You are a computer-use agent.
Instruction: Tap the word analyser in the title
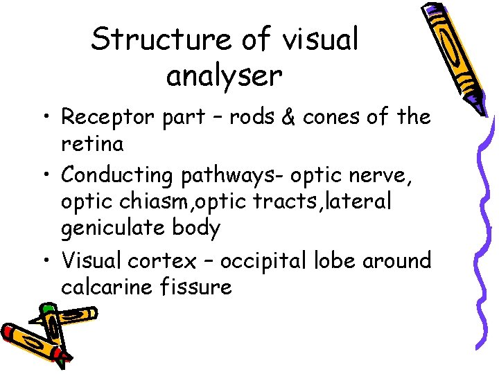(224, 75)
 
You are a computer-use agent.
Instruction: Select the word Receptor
(103, 117)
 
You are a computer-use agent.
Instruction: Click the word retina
(92, 144)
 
